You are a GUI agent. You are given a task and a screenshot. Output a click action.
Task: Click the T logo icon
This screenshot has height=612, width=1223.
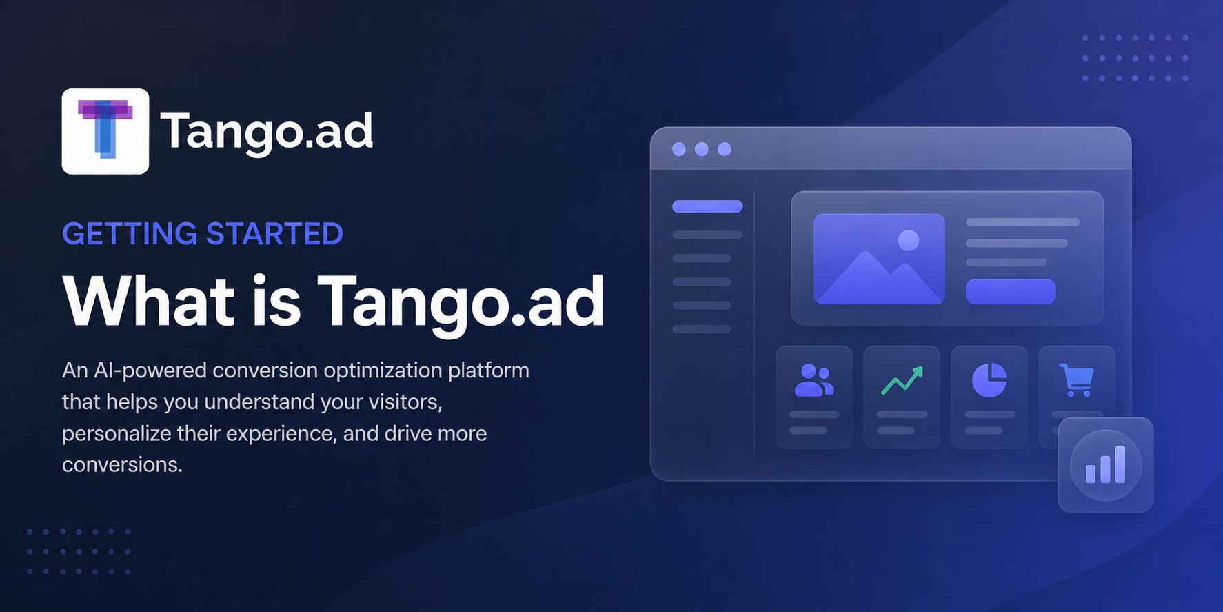point(105,131)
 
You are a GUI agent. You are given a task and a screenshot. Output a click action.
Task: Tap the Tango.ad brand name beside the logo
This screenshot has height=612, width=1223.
point(267,132)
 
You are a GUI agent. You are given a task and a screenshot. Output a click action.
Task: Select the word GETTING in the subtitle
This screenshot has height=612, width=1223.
point(130,234)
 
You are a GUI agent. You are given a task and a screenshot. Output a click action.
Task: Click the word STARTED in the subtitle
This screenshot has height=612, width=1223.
point(274,234)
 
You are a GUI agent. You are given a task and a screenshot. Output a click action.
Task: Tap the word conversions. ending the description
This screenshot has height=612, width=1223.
point(122,465)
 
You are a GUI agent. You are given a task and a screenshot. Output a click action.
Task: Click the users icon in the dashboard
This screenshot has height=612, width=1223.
point(814,380)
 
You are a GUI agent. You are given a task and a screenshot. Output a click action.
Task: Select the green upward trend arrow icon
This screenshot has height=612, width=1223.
point(902,381)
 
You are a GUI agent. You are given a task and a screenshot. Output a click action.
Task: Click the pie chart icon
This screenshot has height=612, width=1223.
point(989,380)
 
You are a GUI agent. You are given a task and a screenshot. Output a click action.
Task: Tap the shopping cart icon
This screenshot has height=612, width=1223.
point(1076,380)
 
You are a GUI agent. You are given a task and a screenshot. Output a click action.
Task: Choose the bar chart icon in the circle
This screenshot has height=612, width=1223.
point(1106,464)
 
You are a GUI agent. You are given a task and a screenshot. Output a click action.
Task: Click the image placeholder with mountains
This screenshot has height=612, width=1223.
point(879,259)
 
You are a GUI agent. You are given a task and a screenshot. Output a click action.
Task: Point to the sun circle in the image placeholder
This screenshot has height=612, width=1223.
point(909,240)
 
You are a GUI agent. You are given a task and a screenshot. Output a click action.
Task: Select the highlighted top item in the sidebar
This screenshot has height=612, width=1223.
point(707,206)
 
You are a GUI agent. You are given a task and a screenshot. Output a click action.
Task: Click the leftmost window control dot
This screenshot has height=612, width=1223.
point(679,149)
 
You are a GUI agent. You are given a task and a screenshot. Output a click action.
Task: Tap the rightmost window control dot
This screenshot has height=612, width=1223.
point(725,149)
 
